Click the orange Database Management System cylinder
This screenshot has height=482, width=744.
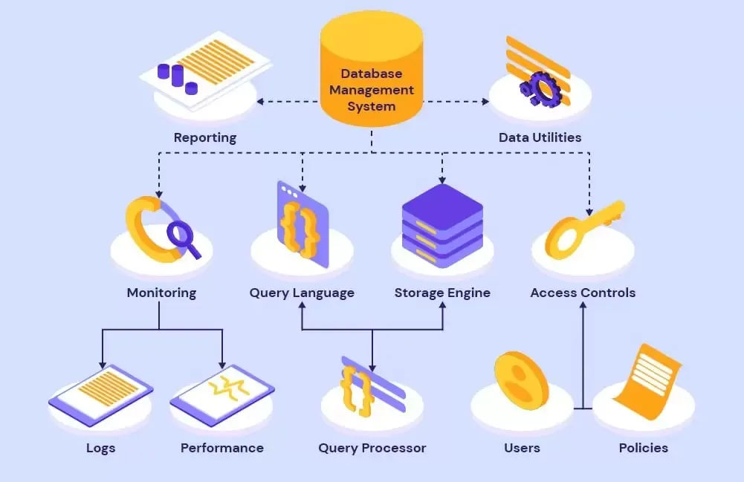[372, 69]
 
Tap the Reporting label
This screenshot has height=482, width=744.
[205, 137]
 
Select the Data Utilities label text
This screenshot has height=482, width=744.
[540, 137]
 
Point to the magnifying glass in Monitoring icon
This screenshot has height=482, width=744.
[183, 238]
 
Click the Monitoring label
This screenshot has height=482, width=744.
[161, 293]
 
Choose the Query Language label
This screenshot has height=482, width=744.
[302, 293]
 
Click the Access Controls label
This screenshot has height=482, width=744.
[583, 293]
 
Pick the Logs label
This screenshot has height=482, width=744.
[100, 449]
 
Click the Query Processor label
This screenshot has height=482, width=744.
[372, 449]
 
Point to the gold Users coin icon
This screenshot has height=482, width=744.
[521, 380]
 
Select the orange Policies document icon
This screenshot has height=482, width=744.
[647, 382]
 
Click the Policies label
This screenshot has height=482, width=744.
[644, 449]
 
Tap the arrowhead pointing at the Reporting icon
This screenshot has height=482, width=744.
[260, 102]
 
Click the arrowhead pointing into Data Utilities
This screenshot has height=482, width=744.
[485, 102]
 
